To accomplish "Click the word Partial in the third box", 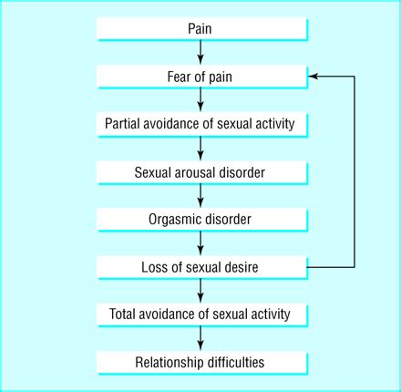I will pyautogui.click(x=124, y=124).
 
